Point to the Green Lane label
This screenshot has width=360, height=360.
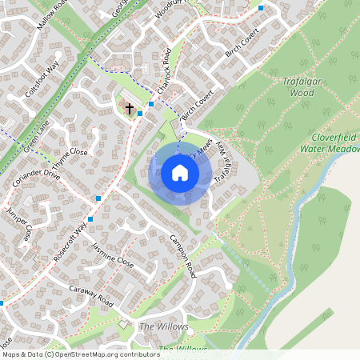[x=36, y=138]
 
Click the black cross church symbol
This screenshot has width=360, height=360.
[x=130, y=107]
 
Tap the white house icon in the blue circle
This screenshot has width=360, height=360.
[x=180, y=173]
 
